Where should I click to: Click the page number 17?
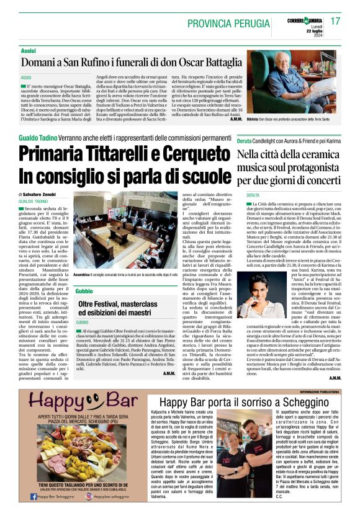point(335,21)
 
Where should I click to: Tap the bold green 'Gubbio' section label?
point(84,291)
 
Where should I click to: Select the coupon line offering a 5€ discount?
point(73,485)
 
